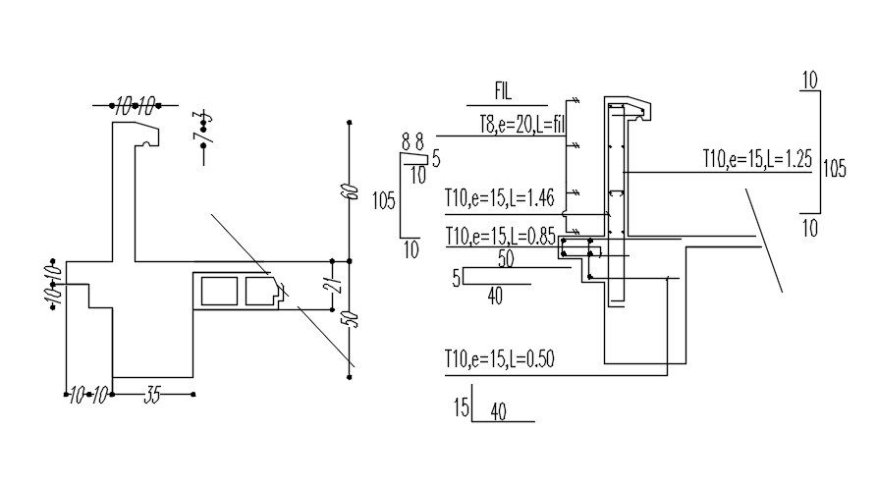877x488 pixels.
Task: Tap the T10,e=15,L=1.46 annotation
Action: click(x=500, y=198)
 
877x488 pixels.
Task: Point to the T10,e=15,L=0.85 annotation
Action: click(x=501, y=237)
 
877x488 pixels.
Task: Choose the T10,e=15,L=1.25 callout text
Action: click(x=756, y=160)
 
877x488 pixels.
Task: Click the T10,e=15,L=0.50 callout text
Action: click(x=500, y=359)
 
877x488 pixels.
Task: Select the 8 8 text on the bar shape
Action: click(x=412, y=141)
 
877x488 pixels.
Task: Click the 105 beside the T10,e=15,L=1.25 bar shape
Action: click(x=834, y=167)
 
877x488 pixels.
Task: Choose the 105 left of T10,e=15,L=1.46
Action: click(x=384, y=201)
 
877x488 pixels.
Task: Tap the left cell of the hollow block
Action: click(x=218, y=292)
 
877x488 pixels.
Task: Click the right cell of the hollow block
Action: click(x=261, y=292)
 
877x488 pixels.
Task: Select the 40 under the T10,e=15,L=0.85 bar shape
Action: click(x=495, y=296)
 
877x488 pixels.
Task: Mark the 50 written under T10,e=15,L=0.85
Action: click(x=507, y=258)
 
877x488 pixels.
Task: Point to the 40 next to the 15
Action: click(x=498, y=413)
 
